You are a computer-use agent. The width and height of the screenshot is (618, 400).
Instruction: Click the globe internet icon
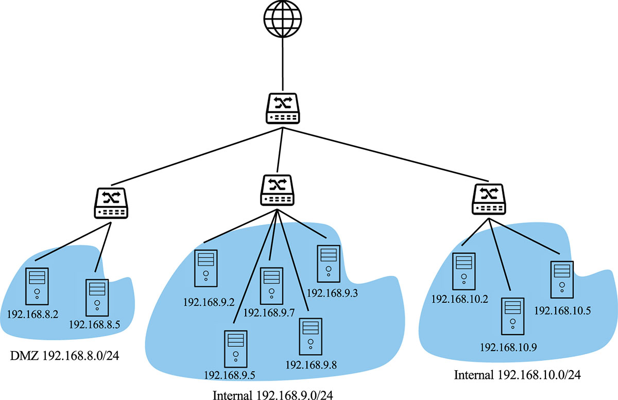coord(283,19)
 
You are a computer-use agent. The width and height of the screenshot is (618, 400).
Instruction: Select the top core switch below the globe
coord(283,109)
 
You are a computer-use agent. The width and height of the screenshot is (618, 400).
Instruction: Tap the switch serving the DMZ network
coord(111,203)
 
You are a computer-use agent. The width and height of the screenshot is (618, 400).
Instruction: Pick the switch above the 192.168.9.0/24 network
coord(277,190)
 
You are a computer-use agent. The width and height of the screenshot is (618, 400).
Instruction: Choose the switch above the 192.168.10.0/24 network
coord(489,199)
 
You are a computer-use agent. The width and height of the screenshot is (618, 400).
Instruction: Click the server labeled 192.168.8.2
coord(37,286)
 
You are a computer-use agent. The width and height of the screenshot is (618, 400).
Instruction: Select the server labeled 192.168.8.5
coord(97,298)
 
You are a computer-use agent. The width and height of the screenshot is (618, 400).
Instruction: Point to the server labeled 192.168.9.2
coord(206,268)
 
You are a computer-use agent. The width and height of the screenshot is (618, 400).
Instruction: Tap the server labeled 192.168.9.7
coord(271,286)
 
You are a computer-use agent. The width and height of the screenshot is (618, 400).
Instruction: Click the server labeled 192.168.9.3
coord(329,264)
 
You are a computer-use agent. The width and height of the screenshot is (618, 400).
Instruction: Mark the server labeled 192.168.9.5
coord(236,349)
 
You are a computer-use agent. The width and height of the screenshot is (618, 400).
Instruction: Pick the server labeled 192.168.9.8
coord(311,337)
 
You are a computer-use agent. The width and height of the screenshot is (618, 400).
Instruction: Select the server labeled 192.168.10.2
coord(464,271)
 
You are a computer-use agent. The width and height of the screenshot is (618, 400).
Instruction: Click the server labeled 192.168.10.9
coord(512,316)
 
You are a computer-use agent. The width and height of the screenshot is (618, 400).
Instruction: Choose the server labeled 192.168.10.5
coord(562,280)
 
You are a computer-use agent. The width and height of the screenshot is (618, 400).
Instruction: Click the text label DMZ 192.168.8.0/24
coord(64,356)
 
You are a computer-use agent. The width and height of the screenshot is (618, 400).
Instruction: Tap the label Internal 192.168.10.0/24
coord(517,375)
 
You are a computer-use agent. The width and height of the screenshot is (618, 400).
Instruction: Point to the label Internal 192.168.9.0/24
coord(273,395)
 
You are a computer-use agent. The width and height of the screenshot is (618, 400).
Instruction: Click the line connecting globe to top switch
coord(283,64)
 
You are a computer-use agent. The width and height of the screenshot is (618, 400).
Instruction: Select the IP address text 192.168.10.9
coord(508,347)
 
